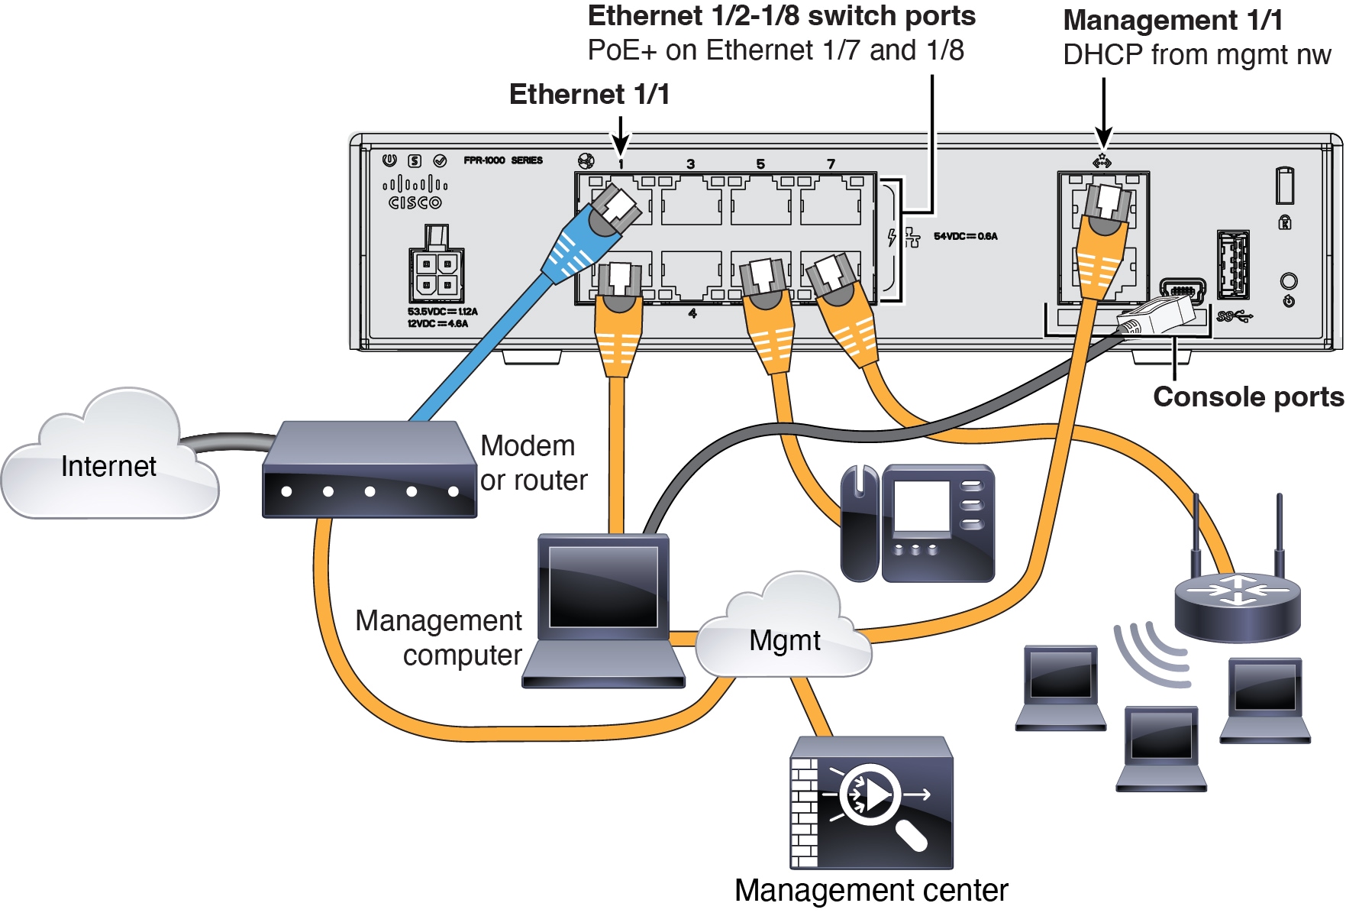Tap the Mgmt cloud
point(784,639)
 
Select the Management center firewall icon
point(871,802)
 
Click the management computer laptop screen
point(603,586)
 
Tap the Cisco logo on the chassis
point(415,193)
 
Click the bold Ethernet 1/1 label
point(589,95)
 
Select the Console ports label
point(1248,397)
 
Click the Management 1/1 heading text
point(1173,20)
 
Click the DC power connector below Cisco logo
point(436,274)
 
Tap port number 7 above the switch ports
point(831,163)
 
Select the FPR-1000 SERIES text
point(503,160)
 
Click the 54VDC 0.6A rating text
point(965,236)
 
